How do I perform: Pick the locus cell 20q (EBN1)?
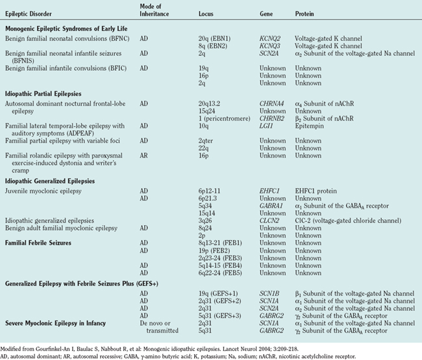click(215, 38)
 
